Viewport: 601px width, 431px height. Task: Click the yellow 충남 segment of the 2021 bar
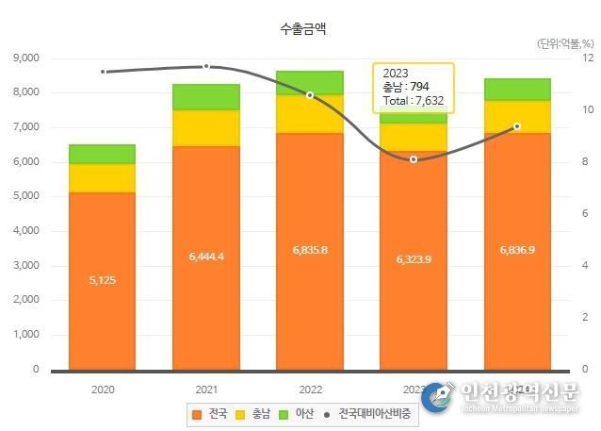pos(205,128)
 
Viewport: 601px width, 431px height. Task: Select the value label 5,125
pos(102,280)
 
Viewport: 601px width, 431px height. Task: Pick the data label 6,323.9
pos(413,258)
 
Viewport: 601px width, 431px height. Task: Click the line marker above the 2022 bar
pos(309,94)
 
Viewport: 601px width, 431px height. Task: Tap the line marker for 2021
pos(206,66)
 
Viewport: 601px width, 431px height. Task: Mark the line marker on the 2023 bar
pos(413,159)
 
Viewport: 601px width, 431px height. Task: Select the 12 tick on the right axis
pos(588,58)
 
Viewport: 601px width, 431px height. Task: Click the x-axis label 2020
pos(102,388)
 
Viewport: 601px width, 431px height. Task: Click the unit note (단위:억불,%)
pos(565,43)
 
